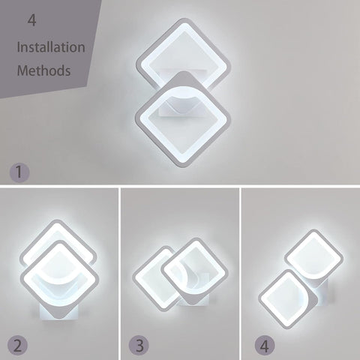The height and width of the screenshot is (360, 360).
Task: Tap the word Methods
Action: coord(44,72)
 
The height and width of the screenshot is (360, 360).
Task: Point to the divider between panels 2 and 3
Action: coord(120,274)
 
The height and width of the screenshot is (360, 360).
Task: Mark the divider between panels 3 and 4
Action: coord(240,274)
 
